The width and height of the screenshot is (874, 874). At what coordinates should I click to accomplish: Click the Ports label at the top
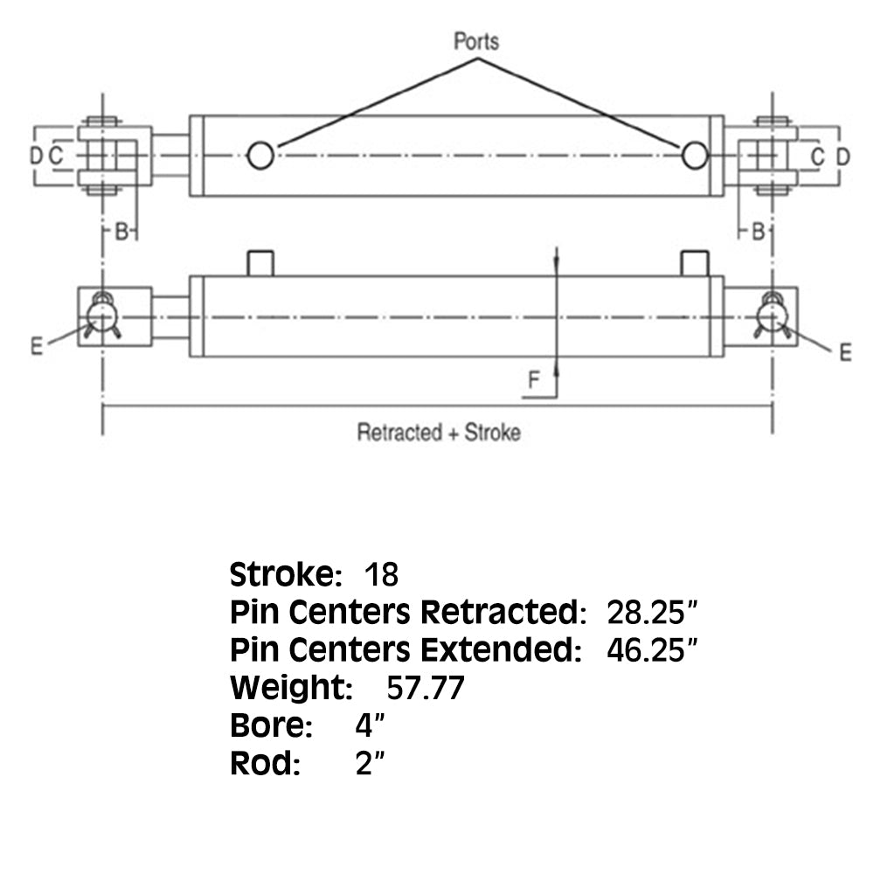coord(476,41)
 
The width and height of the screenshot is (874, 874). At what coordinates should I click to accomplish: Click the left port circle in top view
coord(260,156)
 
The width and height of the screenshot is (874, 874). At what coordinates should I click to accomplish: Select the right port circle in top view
coord(695,156)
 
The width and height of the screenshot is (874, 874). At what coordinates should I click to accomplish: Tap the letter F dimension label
coord(533,379)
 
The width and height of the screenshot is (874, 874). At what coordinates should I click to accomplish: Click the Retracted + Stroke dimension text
coord(438,433)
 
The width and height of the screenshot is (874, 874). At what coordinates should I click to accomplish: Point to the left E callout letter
coord(36,347)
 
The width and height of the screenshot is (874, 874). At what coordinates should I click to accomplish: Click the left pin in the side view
coord(102,315)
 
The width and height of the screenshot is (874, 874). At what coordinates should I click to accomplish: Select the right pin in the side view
coord(772,315)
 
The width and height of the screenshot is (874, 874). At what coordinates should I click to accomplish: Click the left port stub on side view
coord(260,263)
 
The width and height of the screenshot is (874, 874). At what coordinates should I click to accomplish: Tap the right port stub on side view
coord(694,263)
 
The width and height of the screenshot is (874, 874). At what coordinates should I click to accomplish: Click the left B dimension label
coord(122,231)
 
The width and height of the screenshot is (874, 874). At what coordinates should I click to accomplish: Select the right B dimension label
coord(758,231)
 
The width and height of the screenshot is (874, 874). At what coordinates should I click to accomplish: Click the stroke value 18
coord(381,575)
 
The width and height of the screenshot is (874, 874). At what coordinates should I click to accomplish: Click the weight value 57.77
coord(425,689)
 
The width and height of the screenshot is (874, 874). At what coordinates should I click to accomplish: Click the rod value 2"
coord(371,764)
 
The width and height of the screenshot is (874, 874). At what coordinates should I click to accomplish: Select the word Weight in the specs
coord(289,689)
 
